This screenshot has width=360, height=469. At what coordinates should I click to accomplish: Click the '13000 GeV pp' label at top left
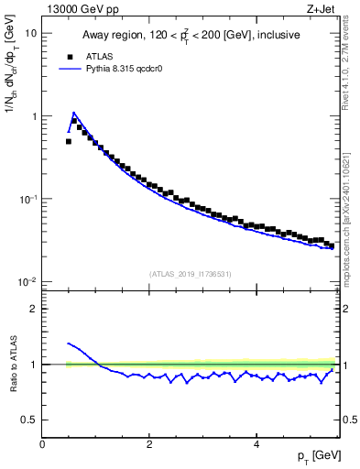[76, 8]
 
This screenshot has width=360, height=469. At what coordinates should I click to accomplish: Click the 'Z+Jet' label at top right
[322, 8]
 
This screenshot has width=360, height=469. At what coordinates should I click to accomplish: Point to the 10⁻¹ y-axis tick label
[28, 198]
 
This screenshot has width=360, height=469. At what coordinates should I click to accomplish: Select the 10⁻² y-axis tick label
[28, 281]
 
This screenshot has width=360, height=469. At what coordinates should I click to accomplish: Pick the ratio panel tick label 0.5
[30, 420]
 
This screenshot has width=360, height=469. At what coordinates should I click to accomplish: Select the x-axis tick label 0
[42, 445]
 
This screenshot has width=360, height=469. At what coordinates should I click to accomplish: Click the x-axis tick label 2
[148, 445]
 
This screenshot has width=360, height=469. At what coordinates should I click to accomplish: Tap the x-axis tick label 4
[256, 445]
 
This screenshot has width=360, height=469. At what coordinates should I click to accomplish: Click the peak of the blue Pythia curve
[73, 113]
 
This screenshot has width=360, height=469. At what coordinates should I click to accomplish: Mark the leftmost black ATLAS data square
[69, 141]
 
